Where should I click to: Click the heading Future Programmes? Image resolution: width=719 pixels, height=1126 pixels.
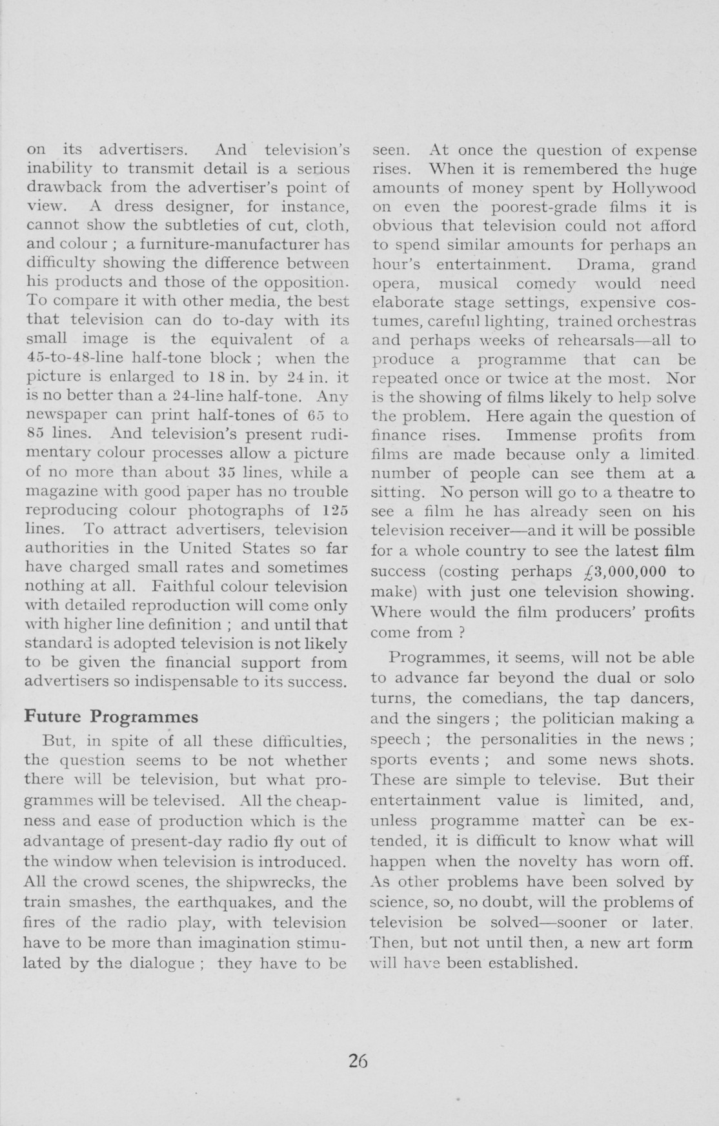pyautogui.click(x=110, y=717)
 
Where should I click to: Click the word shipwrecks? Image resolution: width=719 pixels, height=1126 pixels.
pyautogui.click(x=281, y=882)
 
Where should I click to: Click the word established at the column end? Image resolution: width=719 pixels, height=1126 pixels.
pyautogui.click(x=523, y=963)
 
